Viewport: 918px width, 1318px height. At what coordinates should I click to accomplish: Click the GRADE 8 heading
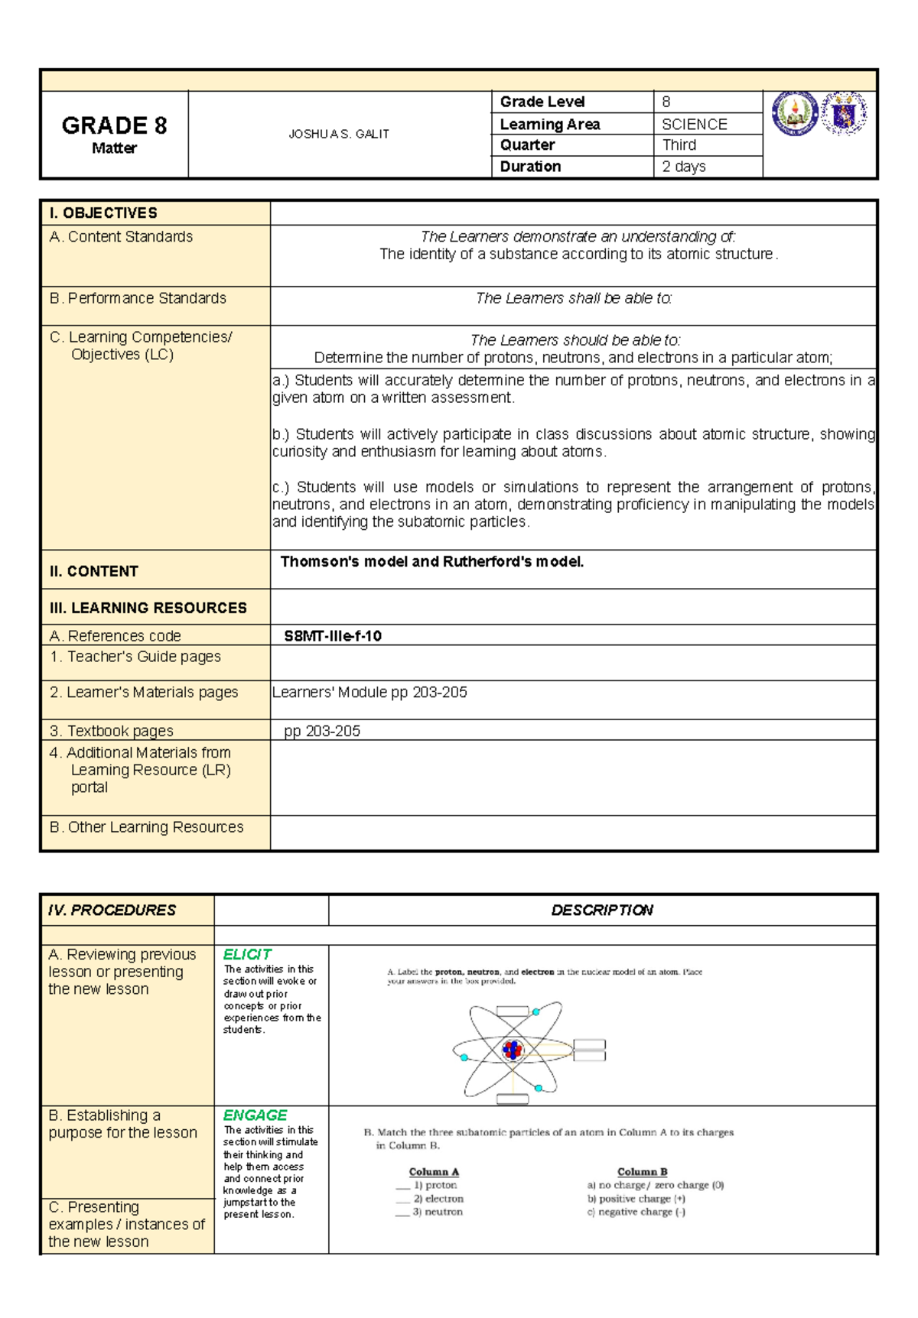click(114, 125)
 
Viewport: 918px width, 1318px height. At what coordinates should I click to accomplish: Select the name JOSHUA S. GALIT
click(339, 134)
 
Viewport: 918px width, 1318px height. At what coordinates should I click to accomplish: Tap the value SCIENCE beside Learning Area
click(694, 124)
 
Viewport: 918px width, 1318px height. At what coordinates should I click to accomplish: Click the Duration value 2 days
click(683, 167)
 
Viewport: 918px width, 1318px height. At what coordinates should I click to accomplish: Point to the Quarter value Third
click(679, 145)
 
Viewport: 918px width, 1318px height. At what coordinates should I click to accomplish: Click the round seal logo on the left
click(795, 113)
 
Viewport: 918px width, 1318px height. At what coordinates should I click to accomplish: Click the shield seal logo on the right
click(844, 114)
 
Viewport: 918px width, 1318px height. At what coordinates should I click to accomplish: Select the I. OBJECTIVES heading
click(103, 213)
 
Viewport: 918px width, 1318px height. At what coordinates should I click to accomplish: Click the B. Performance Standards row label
click(138, 298)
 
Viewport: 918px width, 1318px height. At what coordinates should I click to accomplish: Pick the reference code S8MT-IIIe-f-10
click(333, 636)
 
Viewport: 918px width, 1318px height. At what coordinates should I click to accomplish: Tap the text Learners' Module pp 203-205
click(369, 693)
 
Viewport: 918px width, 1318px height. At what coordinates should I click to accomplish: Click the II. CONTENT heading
click(93, 571)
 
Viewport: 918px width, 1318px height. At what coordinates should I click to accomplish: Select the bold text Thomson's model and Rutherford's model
click(432, 562)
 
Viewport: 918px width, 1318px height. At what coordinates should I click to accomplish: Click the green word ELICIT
click(247, 954)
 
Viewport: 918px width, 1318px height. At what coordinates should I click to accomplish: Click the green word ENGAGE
click(255, 1115)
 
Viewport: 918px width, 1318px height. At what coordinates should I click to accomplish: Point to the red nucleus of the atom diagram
click(512, 1050)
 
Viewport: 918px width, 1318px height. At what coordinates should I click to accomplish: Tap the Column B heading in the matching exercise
click(642, 1172)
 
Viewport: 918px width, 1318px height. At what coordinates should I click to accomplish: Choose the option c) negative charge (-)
click(636, 1212)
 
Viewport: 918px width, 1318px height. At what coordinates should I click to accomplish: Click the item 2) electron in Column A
click(438, 1199)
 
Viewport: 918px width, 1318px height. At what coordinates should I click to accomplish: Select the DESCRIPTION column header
click(602, 910)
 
